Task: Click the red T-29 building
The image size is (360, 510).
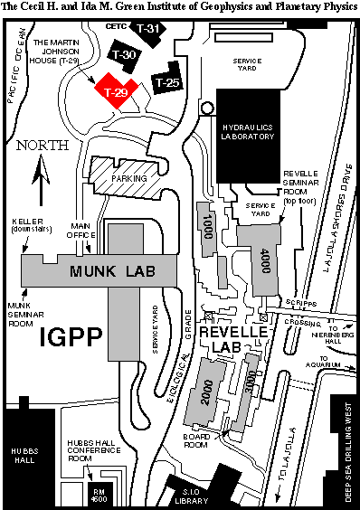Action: click(x=115, y=91)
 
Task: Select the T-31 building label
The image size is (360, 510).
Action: click(x=150, y=29)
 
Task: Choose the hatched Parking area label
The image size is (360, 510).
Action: click(x=126, y=178)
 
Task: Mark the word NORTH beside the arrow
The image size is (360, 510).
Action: click(x=41, y=146)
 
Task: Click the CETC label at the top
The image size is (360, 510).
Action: click(x=115, y=26)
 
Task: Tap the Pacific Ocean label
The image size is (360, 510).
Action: click(x=14, y=74)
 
